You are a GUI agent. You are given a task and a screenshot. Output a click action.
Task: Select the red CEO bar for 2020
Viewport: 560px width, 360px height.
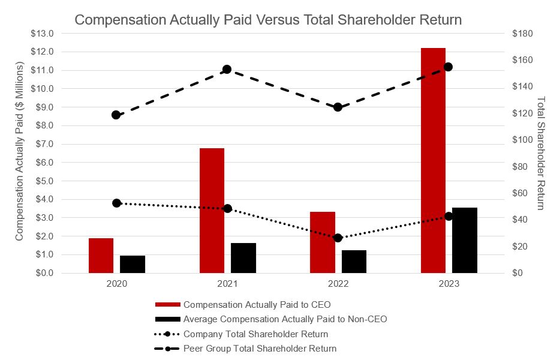pos(101,256)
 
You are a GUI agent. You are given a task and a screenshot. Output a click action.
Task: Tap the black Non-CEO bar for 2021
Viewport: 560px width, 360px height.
pos(243,258)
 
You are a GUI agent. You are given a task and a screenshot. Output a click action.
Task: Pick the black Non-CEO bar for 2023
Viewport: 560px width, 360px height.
pos(465,240)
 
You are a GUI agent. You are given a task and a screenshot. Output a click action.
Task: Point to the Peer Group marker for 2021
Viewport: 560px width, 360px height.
pos(227,70)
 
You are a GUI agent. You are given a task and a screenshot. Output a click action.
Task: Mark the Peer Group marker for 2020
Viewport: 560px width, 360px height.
pos(116,115)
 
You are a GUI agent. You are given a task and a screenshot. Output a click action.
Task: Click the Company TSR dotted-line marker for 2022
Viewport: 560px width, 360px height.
pos(338,238)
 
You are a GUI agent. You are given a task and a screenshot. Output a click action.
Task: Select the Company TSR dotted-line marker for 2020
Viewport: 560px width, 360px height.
pos(117,203)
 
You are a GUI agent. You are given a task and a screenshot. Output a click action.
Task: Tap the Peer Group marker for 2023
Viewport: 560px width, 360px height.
pos(448,67)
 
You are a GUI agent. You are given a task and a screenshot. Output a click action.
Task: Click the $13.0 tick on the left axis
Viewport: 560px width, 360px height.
pos(42,34)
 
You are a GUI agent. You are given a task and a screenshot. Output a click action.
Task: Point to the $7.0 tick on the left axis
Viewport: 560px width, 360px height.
pos(42,144)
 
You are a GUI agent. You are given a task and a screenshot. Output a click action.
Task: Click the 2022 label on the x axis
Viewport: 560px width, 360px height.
pos(338,284)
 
